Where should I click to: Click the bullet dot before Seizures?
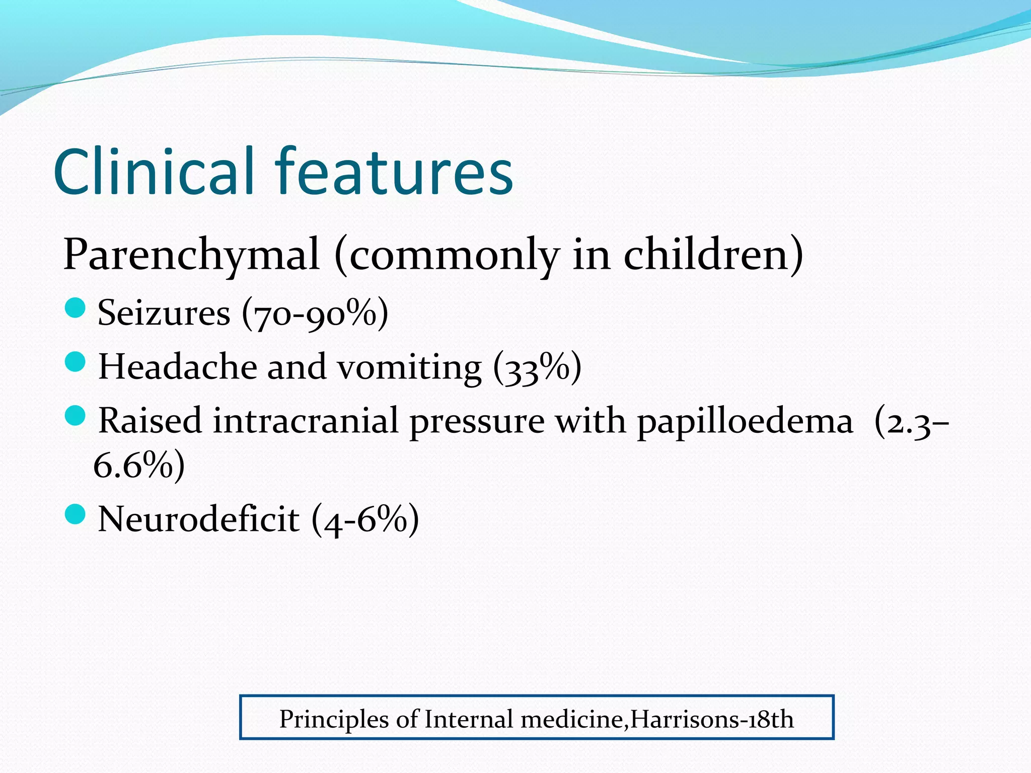76,307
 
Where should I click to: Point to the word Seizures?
164,313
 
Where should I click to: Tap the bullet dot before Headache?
76,361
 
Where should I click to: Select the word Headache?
177,366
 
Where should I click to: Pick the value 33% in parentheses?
537,367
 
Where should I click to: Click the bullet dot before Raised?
76,415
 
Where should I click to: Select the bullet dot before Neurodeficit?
76,514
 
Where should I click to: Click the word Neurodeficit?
199,519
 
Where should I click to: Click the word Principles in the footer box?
334,719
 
